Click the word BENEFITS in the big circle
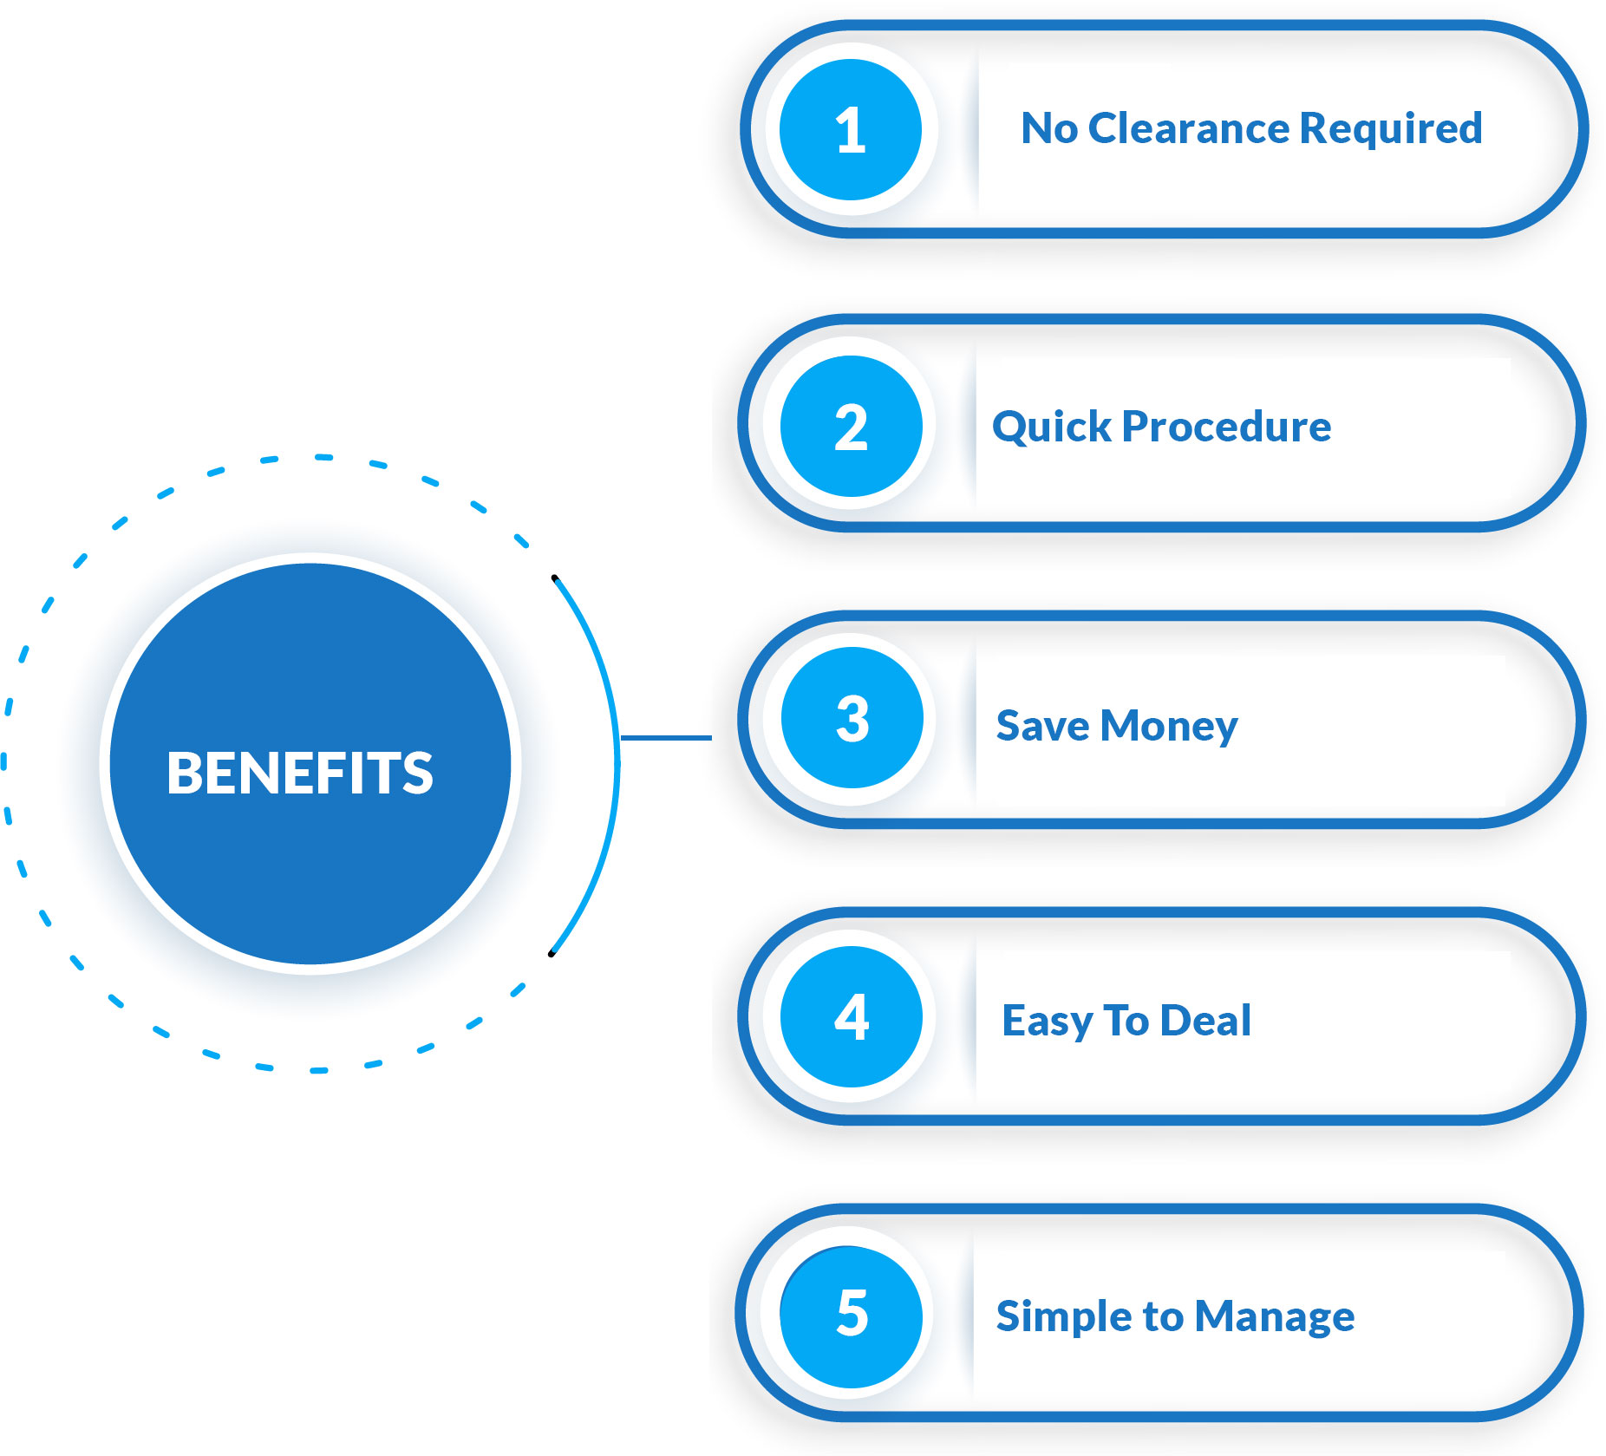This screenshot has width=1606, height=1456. tap(299, 773)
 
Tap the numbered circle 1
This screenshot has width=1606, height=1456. tap(850, 130)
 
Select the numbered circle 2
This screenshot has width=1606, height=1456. tap(851, 426)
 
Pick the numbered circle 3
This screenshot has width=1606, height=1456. tap(852, 718)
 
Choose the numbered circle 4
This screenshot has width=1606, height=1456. tap(851, 1016)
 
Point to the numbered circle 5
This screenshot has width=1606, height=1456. tap(851, 1316)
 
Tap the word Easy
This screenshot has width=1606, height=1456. tap(1047, 1022)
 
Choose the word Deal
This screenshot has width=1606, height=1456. tap(1205, 1020)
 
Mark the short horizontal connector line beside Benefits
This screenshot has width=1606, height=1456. tap(666, 738)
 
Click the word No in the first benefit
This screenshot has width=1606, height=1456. tap(1049, 128)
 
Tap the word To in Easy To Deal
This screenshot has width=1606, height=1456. tap(1126, 1020)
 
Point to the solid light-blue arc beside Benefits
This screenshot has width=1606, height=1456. tap(617, 763)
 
